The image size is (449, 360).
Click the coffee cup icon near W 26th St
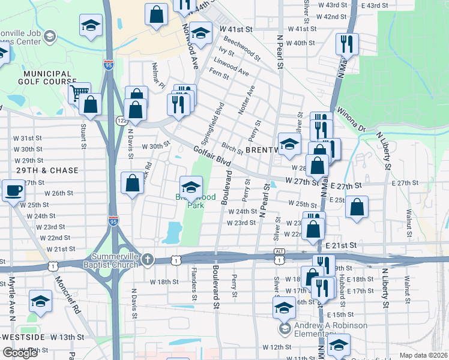[x=13, y=191]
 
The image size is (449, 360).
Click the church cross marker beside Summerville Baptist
[x=149, y=259]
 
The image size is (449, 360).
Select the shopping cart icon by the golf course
[x=79, y=93]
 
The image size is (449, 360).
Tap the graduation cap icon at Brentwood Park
[x=191, y=187]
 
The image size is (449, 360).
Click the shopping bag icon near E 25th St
[x=357, y=207]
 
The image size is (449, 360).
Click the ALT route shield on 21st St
[x=279, y=251]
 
